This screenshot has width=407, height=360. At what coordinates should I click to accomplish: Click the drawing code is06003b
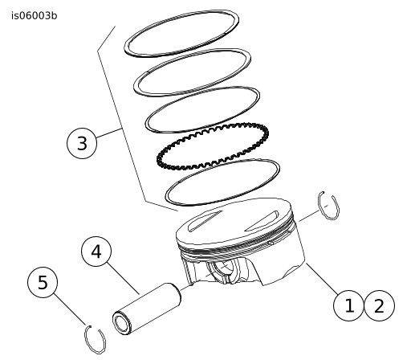pos(35,16)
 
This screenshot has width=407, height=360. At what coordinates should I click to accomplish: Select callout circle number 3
pos(82,143)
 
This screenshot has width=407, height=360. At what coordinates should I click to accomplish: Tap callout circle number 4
pos(96,252)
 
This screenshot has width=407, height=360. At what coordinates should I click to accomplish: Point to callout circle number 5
pos(43,282)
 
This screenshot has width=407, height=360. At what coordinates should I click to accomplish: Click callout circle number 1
pos(348,305)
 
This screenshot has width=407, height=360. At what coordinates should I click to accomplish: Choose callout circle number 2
pos(379,305)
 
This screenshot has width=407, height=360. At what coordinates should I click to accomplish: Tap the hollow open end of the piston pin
pos(122,323)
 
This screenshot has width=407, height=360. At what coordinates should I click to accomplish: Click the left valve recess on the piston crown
pos(205,221)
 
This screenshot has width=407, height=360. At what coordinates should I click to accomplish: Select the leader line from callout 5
pos(70,309)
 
